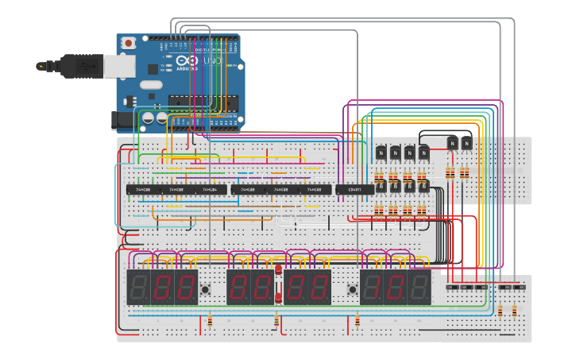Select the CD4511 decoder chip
354,190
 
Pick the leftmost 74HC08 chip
143,190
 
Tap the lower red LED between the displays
278,298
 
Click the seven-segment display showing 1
371,287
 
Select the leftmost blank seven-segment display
138,287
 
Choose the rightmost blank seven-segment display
419,287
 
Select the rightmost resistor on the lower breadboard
514,311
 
